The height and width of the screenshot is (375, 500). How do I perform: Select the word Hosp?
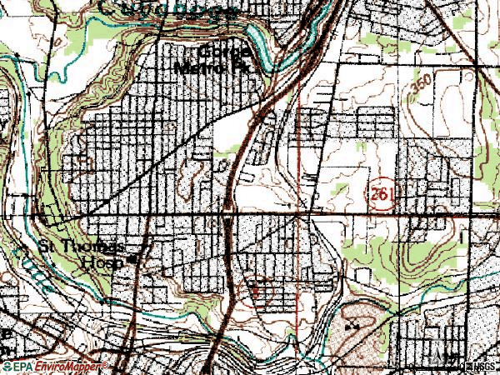107,261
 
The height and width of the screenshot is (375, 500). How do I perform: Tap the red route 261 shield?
381,192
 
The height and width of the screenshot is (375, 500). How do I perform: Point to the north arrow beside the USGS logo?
461,365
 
